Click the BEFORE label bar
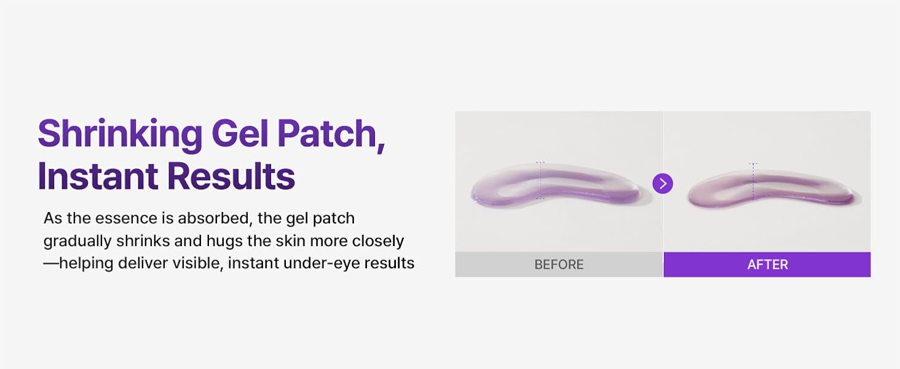pos(559,264)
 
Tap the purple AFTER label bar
pos(767,264)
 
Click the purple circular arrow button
pos(663,183)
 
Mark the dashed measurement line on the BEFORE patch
pos(540,180)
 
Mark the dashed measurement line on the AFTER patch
pos(754,181)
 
